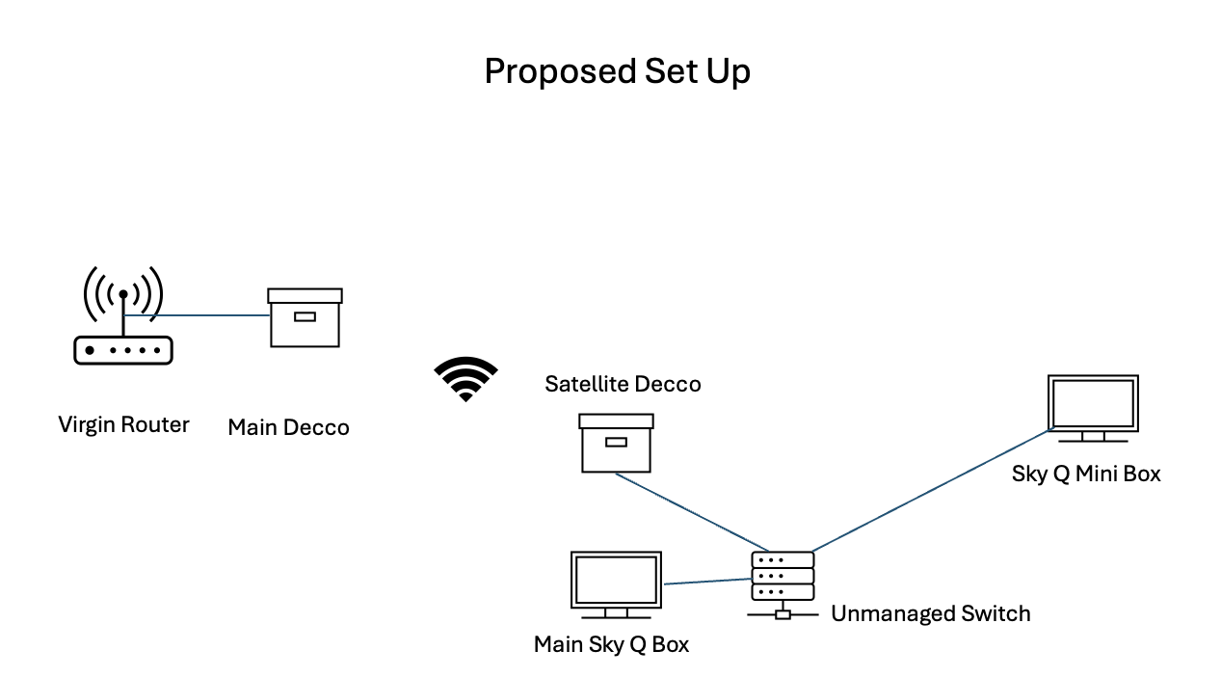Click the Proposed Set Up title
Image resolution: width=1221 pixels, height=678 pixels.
coord(617,71)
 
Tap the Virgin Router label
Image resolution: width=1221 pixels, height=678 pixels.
coord(123,424)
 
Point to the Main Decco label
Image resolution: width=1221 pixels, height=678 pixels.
coord(288,427)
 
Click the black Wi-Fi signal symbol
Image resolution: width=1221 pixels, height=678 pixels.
coord(465,378)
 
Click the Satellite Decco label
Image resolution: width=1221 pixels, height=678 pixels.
coord(623,384)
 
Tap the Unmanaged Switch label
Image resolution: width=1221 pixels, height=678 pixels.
coord(930,613)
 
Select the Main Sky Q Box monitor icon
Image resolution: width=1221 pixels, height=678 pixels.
coord(616,584)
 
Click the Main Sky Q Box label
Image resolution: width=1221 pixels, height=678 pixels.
coord(611,644)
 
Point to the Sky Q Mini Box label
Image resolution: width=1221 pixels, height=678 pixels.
coord(1085,474)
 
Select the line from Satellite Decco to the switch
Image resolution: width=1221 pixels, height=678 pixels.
coord(690,511)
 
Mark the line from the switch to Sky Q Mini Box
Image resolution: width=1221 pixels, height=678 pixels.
coord(930,491)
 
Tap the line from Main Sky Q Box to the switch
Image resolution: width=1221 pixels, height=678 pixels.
coord(706,581)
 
